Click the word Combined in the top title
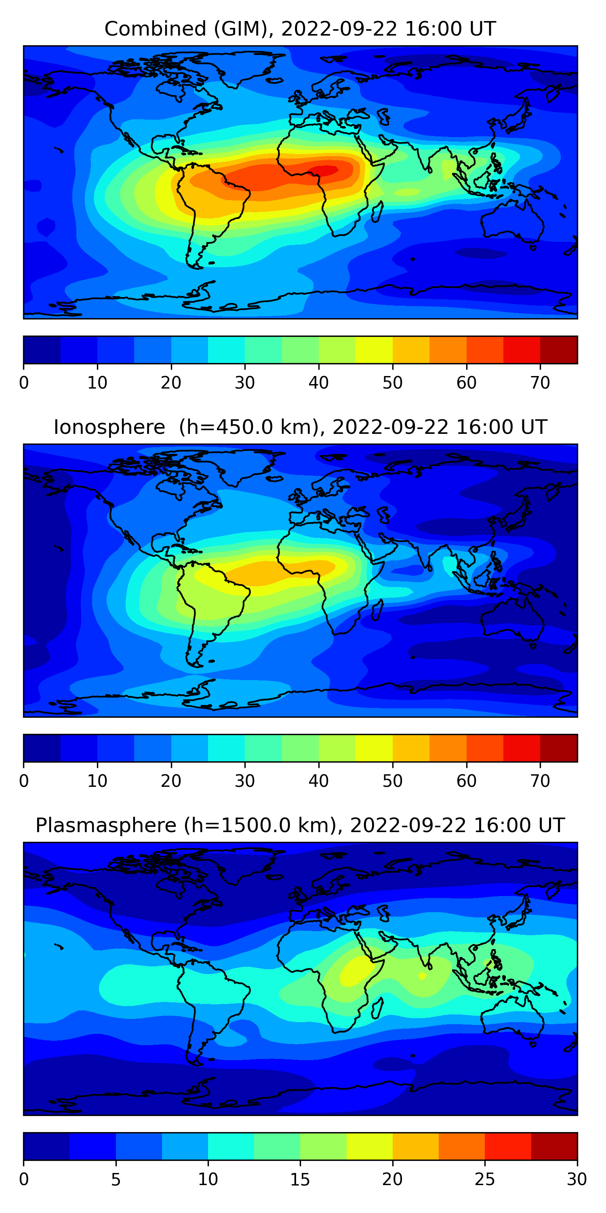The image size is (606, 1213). coord(155,29)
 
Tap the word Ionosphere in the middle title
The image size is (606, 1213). coord(109,427)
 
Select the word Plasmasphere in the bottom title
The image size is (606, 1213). coord(105,826)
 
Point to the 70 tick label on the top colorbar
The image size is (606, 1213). coord(540,383)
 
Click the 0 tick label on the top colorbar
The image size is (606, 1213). coord(24,383)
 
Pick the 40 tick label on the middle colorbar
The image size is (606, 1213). coord(318,781)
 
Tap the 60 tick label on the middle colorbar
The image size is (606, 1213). coord(466,781)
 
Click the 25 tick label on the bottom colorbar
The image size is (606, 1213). coord(485,1179)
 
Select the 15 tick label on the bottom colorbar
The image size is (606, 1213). coord(300,1179)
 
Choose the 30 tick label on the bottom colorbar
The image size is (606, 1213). coord(577,1179)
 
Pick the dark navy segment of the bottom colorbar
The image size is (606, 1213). coord(46,1147)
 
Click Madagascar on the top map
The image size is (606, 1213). coord(377,212)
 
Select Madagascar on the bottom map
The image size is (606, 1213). coord(377,1009)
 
